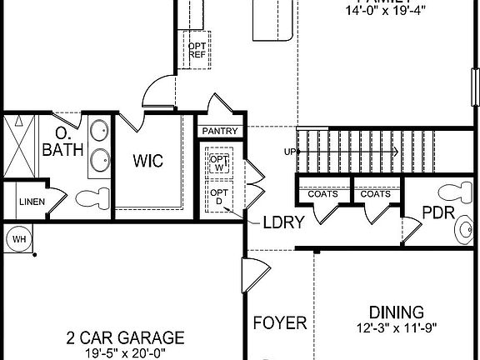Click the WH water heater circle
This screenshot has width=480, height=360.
pyautogui.click(x=17, y=240)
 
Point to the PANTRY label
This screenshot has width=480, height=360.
pyautogui.click(x=220, y=132)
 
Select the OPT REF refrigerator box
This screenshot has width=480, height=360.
pyautogui.click(x=197, y=49)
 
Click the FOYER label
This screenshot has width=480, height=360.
pyautogui.click(x=280, y=322)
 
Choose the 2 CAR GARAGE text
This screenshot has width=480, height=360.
pyautogui.click(x=125, y=337)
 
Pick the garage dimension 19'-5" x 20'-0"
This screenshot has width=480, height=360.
pyautogui.click(x=125, y=353)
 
